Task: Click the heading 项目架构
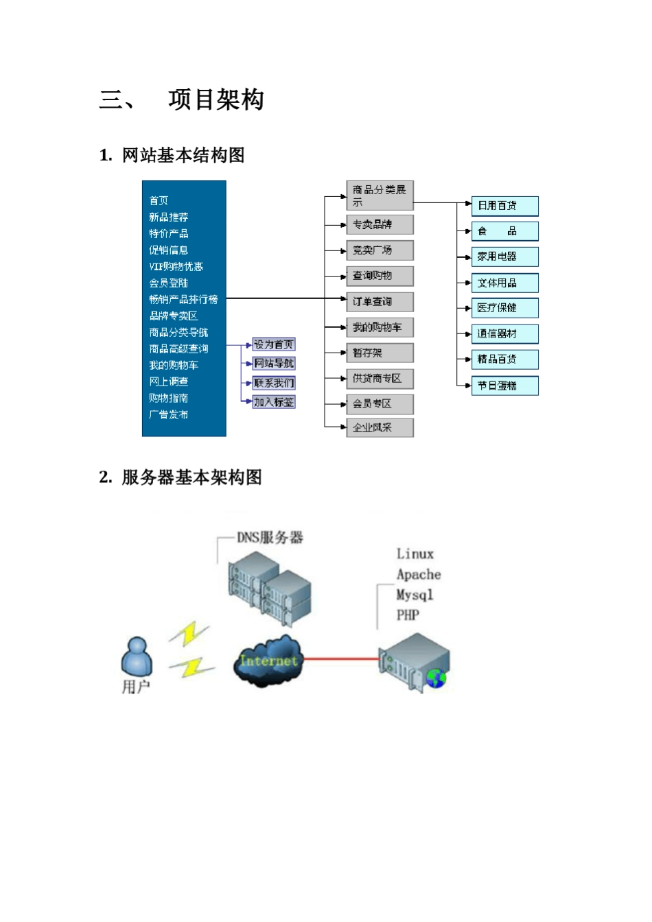(216, 100)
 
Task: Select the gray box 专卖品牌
(379, 225)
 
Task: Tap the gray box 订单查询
(379, 302)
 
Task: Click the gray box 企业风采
(379, 427)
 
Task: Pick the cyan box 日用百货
(504, 206)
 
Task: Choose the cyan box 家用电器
(504, 257)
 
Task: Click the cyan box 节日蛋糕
(504, 386)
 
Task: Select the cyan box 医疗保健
(504, 308)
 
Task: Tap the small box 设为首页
(274, 345)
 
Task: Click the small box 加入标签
(274, 402)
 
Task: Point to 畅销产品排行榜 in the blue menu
(183, 299)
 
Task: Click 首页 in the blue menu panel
(159, 200)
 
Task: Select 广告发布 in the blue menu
(169, 414)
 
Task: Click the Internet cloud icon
(268, 661)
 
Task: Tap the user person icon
(137, 657)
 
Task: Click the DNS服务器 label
(270, 538)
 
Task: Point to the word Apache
(419, 575)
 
